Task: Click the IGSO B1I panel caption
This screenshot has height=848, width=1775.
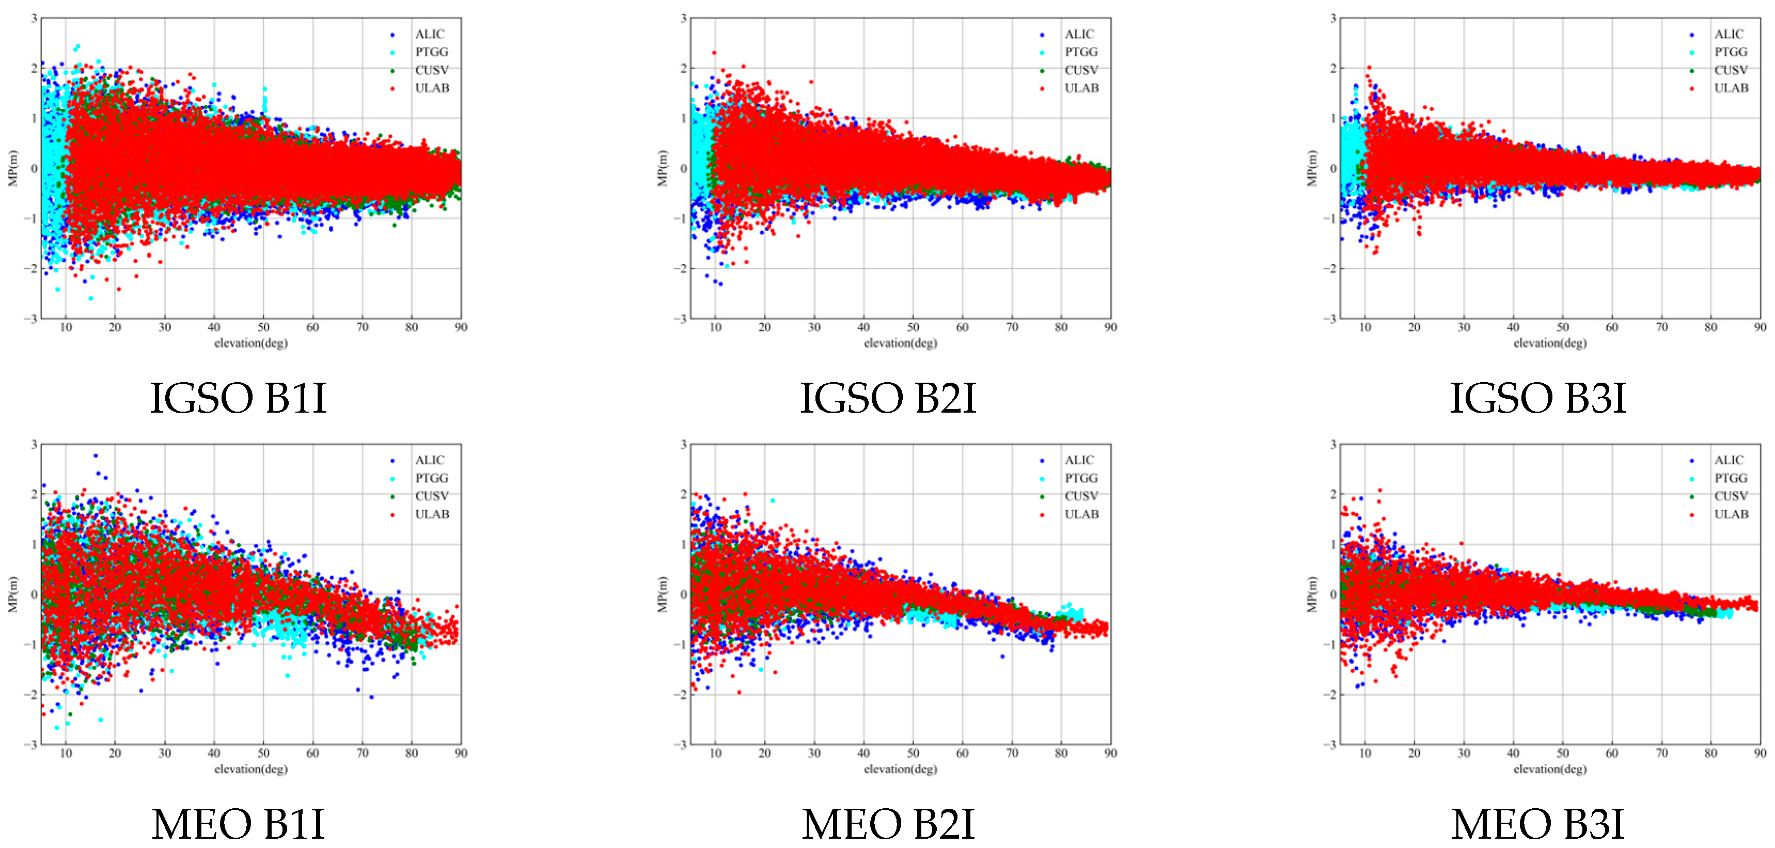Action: (x=238, y=398)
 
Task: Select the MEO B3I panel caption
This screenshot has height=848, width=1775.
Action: (x=1537, y=824)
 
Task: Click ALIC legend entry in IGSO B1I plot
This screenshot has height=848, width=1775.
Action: (x=429, y=34)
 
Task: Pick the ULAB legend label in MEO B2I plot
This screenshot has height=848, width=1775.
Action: (x=1081, y=514)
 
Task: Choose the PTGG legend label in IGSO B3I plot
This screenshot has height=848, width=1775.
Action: (x=1730, y=52)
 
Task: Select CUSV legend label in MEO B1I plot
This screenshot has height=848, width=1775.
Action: (x=431, y=496)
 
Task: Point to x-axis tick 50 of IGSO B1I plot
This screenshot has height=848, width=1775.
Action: (x=263, y=327)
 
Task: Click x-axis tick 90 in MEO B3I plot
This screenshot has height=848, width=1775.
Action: (x=1760, y=753)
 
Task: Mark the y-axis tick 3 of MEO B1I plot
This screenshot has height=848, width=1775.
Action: (x=34, y=444)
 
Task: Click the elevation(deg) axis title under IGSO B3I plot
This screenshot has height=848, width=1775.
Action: (x=1550, y=343)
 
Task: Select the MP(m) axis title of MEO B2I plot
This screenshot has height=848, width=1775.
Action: (x=662, y=594)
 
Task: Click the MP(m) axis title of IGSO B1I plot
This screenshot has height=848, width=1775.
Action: (x=12, y=168)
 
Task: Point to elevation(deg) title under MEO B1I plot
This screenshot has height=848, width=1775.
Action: (x=251, y=769)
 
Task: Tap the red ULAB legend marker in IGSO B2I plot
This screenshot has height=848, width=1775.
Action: (x=1042, y=88)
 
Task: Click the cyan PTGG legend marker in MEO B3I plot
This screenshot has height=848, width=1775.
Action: (x=1692, y=478)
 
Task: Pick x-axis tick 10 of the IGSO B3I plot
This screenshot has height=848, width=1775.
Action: (x=1364, y=327)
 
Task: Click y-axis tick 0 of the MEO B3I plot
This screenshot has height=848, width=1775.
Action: (x=1332, y=594)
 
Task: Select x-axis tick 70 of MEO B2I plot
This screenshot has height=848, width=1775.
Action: (x=1012, y=753)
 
